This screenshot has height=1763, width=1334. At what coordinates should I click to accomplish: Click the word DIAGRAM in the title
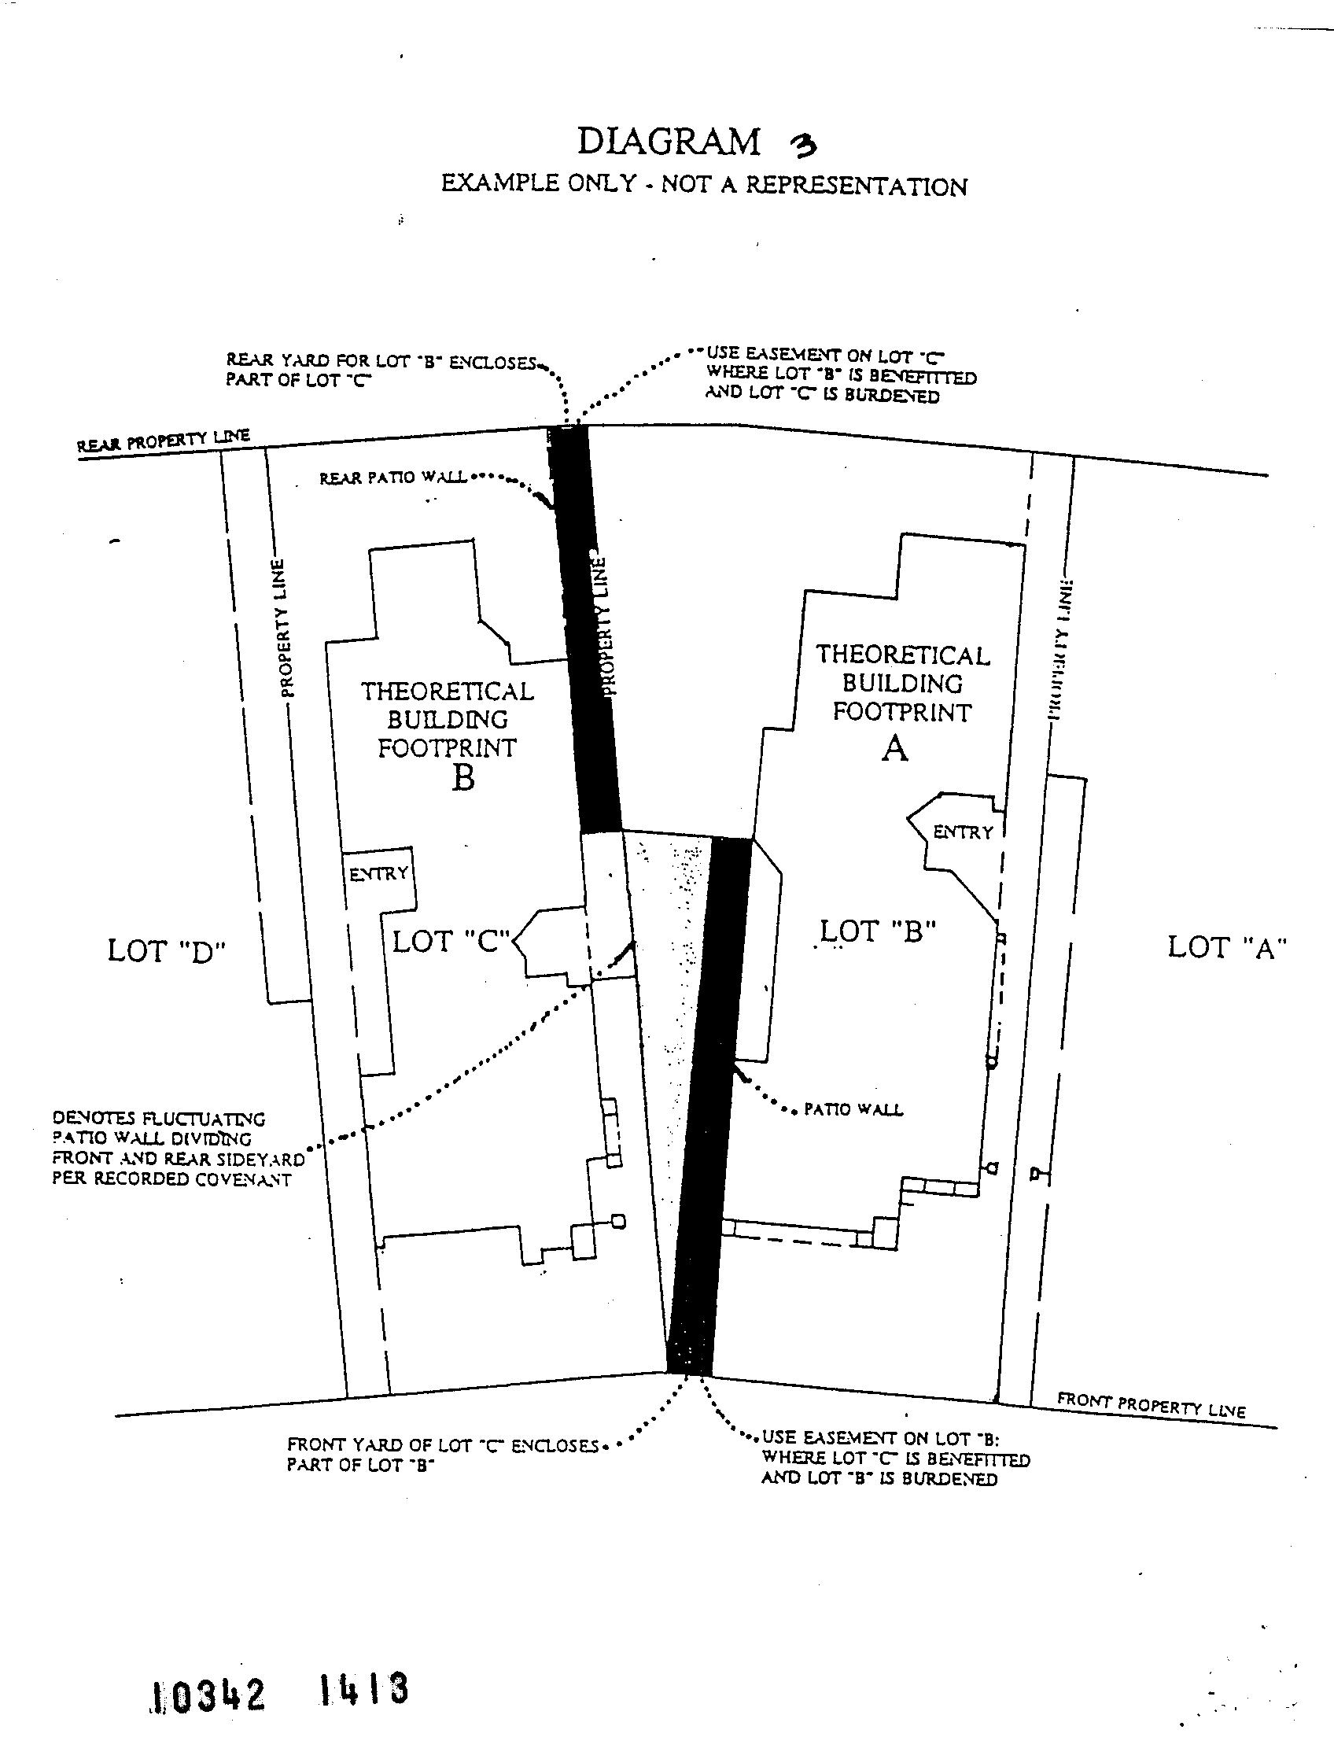669,142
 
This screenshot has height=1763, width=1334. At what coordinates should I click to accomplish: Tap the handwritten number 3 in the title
802,144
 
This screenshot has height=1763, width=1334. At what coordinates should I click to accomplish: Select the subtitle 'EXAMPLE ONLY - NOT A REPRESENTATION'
705,185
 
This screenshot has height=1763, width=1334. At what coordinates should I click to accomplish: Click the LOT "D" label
167,952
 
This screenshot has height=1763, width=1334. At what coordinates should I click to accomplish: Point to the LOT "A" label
1227,948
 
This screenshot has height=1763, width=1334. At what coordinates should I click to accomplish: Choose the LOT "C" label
451,941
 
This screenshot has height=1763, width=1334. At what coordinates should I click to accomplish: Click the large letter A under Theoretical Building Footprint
895,749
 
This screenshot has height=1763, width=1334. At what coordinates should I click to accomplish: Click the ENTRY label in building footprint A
963,832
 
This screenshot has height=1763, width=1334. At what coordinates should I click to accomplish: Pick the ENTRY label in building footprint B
378,874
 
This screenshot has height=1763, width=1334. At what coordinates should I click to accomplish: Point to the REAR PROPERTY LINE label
164,441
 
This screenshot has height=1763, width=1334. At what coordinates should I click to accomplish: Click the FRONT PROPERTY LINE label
1151,1405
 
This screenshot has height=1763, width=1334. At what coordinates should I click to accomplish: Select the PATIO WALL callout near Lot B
853,1109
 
